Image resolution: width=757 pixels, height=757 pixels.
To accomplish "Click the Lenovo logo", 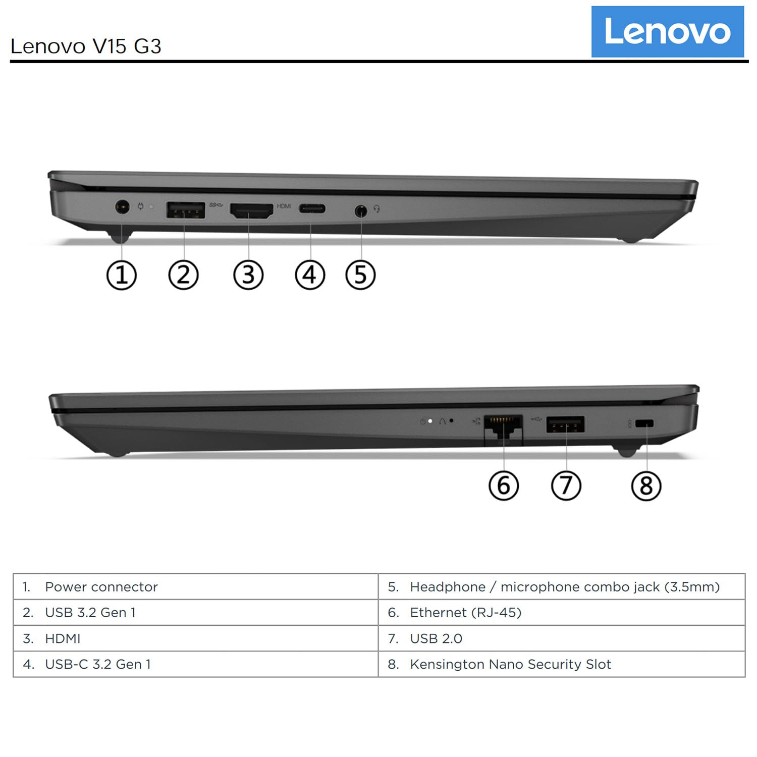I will pos(667,31).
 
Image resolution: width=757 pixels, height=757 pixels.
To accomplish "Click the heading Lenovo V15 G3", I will pos(86,46).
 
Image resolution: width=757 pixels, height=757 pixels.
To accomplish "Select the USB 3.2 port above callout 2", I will pos(185,209).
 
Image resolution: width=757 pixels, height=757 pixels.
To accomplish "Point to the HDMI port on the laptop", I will pos(251,210).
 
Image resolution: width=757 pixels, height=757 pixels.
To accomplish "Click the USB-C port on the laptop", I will pos(311,208).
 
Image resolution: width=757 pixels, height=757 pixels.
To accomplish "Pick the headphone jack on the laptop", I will pos(360,210).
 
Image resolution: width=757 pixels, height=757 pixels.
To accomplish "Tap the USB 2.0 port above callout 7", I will pos(565,424).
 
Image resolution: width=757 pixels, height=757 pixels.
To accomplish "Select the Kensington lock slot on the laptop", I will pos(644,423).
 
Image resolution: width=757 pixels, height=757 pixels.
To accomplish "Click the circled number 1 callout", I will pos(122,275).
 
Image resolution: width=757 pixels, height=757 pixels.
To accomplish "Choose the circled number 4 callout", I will pos(310,275).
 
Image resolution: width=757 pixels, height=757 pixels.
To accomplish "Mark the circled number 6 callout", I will pos(504,485).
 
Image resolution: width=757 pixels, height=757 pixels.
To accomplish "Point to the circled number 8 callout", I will pos(646,485).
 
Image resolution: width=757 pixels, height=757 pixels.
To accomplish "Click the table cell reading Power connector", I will pos(101,586).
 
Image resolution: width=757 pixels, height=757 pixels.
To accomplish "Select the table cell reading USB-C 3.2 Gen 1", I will pos(97,664).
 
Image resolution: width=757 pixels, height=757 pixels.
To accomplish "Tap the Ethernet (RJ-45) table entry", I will pos(465,612).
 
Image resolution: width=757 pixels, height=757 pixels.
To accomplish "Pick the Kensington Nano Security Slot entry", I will pos(510,664).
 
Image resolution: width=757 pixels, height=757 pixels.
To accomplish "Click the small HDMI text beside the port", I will pos(284,206).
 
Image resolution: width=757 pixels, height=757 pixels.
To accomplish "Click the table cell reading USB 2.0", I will pos(436,638).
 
